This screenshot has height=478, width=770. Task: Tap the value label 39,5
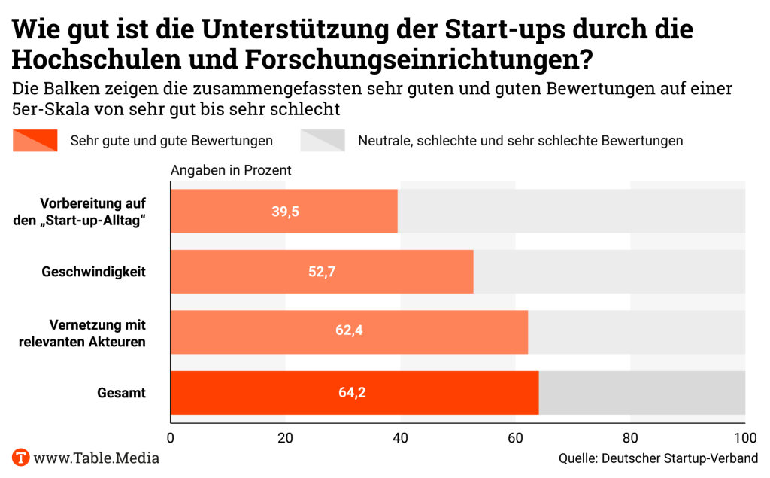pos(286,212)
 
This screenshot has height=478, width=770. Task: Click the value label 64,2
pos(355,392)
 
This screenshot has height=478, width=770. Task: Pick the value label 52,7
pos(322,272)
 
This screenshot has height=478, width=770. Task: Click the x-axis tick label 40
pos(401,439)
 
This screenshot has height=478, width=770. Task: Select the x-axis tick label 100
pos(744,439)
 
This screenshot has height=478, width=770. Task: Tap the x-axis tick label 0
pos(171,439)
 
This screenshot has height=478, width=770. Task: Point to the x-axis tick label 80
pos(630,439)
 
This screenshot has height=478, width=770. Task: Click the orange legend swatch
pos(35,140)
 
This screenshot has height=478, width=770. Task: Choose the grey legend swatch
pos(323,140)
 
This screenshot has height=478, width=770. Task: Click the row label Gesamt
pos(121,392)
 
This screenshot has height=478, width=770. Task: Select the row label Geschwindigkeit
pos(93,272)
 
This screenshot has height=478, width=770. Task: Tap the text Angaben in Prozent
pos(231,171)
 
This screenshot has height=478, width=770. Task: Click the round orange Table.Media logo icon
pos(21,457)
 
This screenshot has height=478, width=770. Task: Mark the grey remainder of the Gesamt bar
pos(642,392)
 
